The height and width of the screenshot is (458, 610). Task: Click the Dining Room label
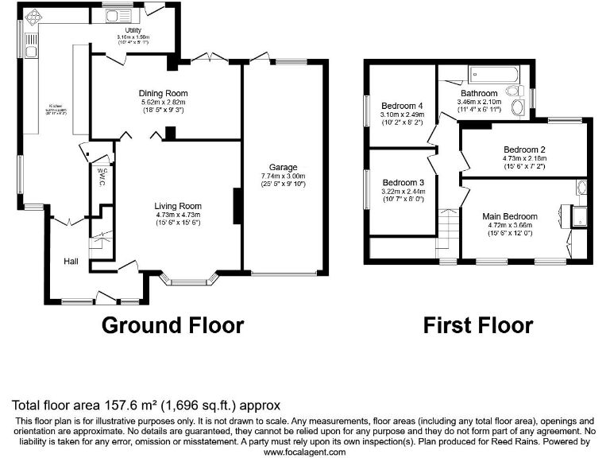[x=164, y=93]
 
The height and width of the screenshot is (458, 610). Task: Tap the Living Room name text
[x=178, y=206]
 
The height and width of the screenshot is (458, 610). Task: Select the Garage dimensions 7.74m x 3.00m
[x=283, y=176]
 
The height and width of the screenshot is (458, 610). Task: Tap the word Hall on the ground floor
[x=71, y=261]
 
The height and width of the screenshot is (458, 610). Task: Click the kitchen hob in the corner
[x=33, y=17]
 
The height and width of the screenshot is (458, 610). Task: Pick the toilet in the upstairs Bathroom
[x=517, y=109]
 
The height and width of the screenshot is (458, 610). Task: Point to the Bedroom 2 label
[x=523, y=149]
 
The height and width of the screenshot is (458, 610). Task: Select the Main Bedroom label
[x=510, y=216]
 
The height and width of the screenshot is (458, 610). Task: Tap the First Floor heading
[x=477, y=324]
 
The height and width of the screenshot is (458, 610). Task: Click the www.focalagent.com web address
[x=304, y=452]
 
